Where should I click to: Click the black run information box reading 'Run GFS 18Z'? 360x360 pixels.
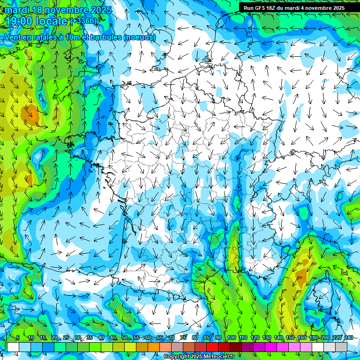(294, 7)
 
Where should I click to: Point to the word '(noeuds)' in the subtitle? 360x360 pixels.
(139, 37)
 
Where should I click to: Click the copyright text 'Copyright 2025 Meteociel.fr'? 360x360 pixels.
(196, 357)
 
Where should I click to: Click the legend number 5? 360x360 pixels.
(17, 338)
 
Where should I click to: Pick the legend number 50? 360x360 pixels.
(124, 338)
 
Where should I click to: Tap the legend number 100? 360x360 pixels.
(231, 338)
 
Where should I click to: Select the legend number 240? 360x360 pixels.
(348, 338)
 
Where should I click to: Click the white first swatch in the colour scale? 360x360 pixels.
(13, 347)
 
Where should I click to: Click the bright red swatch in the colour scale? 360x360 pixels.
(212, 347)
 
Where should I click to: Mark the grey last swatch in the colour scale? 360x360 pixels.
(341, 347)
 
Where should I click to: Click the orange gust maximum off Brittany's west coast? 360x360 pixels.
(30, 114)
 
